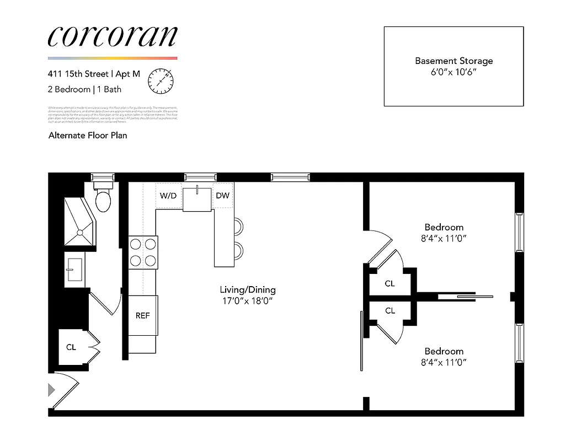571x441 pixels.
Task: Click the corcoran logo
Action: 113,36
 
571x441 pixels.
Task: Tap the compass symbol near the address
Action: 161,80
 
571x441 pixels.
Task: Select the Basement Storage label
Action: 453,61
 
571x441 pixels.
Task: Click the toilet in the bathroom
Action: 103,200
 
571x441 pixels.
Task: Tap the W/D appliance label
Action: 168,196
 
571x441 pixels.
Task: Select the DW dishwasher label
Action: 222,196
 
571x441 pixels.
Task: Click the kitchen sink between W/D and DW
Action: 197,198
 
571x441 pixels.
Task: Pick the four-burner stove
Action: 143,252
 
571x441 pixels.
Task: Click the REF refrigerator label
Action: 143,316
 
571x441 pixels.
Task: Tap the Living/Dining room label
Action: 247,290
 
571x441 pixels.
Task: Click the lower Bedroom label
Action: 444,351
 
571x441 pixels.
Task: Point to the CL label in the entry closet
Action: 71,347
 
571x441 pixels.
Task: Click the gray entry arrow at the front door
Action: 52,390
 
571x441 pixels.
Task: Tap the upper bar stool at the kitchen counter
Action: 238,226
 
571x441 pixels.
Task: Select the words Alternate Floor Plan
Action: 88,135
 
